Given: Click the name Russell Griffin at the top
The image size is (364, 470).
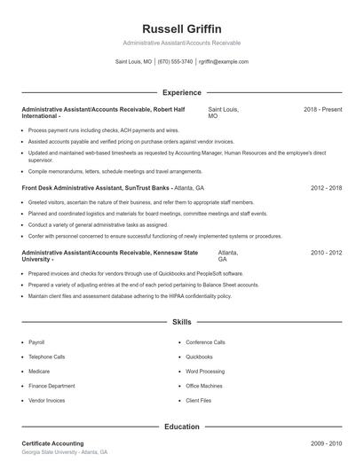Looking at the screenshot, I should pos(181,28).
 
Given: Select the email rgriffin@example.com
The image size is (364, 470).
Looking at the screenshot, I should pos(224,62).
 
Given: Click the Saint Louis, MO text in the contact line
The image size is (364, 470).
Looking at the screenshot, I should pos(133,62).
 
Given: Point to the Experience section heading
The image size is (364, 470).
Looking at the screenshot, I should pos(181,92).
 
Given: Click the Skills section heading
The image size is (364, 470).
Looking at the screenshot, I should pos(181,322).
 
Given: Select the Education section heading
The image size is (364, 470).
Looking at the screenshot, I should pos(181,427).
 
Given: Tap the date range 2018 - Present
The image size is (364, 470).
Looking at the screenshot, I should pos(322,109).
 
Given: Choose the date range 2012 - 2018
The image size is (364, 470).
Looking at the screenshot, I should pos(326,189).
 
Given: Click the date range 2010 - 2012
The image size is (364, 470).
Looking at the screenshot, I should pos(326,253).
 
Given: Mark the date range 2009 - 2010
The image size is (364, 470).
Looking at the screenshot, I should pos(326,443).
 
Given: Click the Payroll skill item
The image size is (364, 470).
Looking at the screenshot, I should pos(36,341).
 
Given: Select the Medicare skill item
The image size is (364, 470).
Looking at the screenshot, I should pos(39,372).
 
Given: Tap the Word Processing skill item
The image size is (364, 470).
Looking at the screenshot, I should pos(205,372).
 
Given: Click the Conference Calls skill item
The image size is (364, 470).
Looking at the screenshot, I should pos(205,341).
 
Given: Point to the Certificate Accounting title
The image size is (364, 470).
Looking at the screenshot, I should pos(52,443).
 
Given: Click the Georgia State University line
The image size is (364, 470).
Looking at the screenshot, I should pos(64,452).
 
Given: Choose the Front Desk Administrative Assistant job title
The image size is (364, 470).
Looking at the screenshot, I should pos(85,189).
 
